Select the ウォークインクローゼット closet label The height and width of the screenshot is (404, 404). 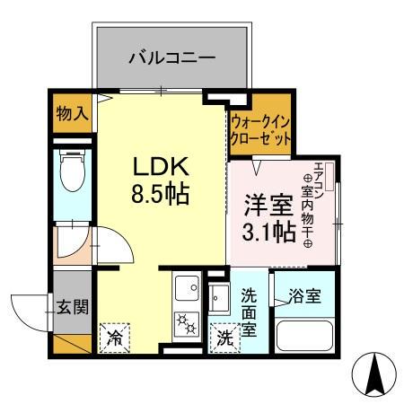tap(260, 131)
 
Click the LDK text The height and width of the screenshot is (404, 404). tap(161, 167)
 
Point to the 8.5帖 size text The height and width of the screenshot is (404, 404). tap(162, 194)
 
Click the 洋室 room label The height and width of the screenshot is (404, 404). tap(263, 205)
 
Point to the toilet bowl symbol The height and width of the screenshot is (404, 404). tap(71, 171)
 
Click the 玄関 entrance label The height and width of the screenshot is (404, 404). tap(74, 307)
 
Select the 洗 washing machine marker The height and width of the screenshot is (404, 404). tap(223, 338)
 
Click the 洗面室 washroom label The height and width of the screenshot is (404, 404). tap(251, 311)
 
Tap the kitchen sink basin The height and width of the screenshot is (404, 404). tap(188, 289)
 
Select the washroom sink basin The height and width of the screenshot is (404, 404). tap(221, 295)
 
